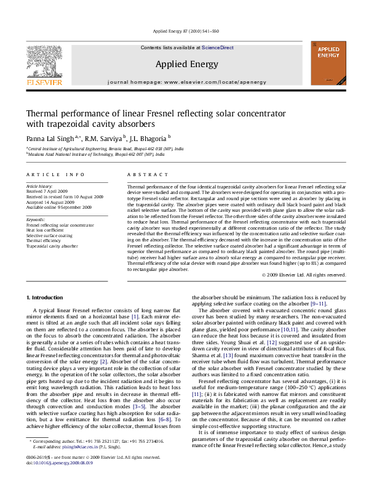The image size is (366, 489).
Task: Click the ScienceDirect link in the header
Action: point(218,47)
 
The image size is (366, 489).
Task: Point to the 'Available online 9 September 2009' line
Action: point(58,207)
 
